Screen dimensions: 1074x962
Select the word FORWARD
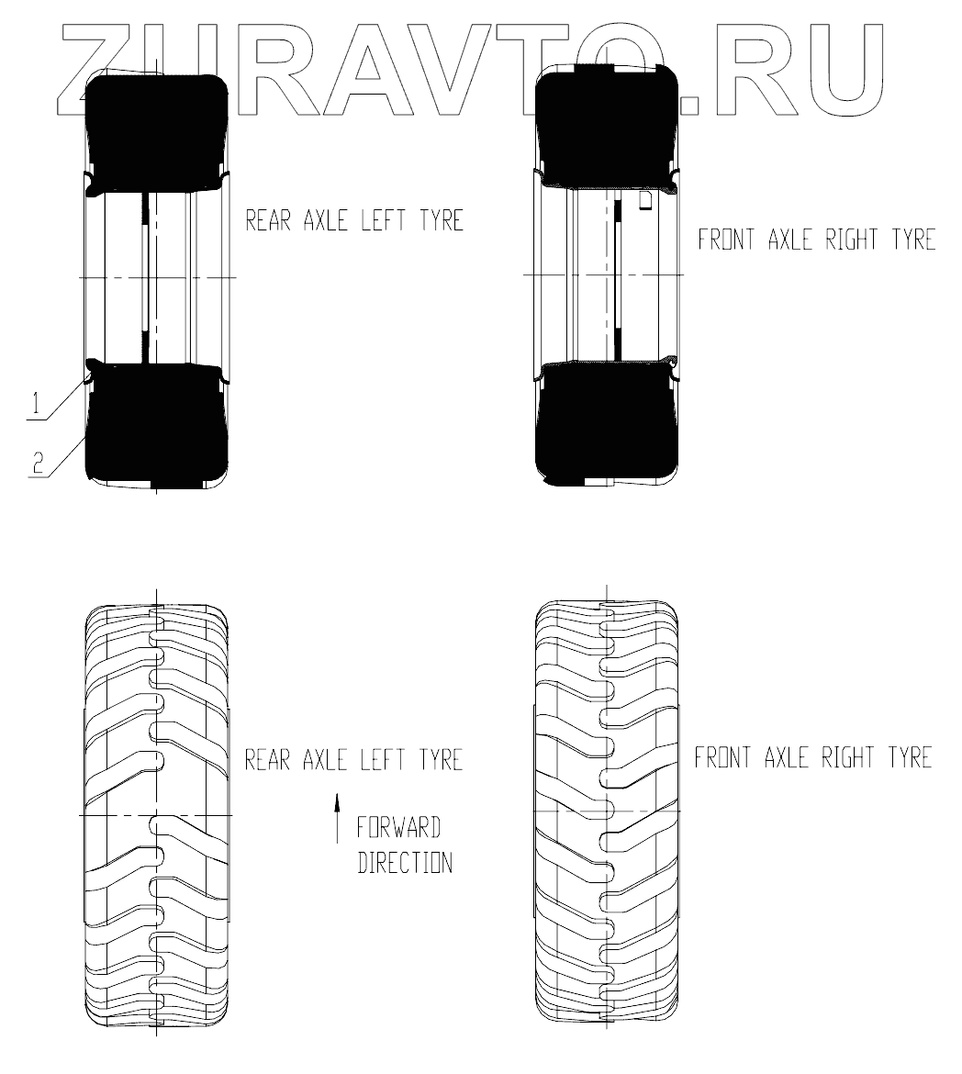coord(399,827)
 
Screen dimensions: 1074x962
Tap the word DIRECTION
coord(405,863)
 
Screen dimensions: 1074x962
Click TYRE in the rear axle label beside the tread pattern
coord(436,760)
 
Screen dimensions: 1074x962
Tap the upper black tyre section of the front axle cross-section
coord(606,129)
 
